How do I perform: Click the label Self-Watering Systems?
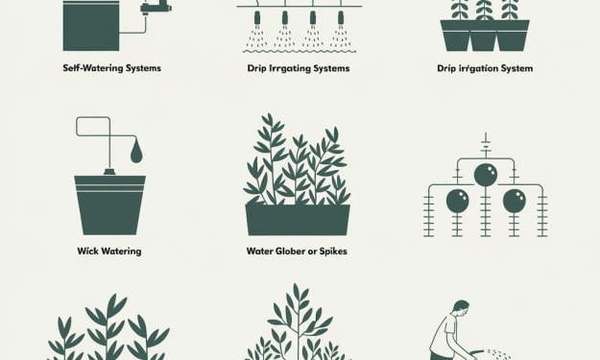pyautogui.click(x=111, y=68)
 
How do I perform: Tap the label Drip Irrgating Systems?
pyautogui.click(x=299, y=68)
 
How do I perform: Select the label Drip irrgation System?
pyautogui.click(x=485, y=68)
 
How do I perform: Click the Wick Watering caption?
pyautogui.click(x=109, y=252)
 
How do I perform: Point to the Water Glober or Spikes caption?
pyautogui.click(x=297, y=252)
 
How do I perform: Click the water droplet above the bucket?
pyautogui.click(x=136, y=154)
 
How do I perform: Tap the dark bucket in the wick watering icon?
pyautogui.click(x=109, y=205)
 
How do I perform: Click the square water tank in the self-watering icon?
pyautogui.click(x=91, y=25)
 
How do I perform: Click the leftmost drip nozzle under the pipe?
pyautogui.click(x=257, y=17)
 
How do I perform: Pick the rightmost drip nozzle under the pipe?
pyautogui.click(x=341, y=17)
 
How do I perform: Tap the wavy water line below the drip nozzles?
pyautogui.click(x=300, y=51)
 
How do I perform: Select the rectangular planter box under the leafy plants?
pyautogui.click(x=298, y=220)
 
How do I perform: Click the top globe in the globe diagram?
pyautogui.click(x=486, y=175)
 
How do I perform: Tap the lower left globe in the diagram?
pyautogui.click(x=458, y=201)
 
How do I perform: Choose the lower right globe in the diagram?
pyautogui.click(x=514, y=201)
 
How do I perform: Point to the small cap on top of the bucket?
pyautogui.click(x=109, y=173)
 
